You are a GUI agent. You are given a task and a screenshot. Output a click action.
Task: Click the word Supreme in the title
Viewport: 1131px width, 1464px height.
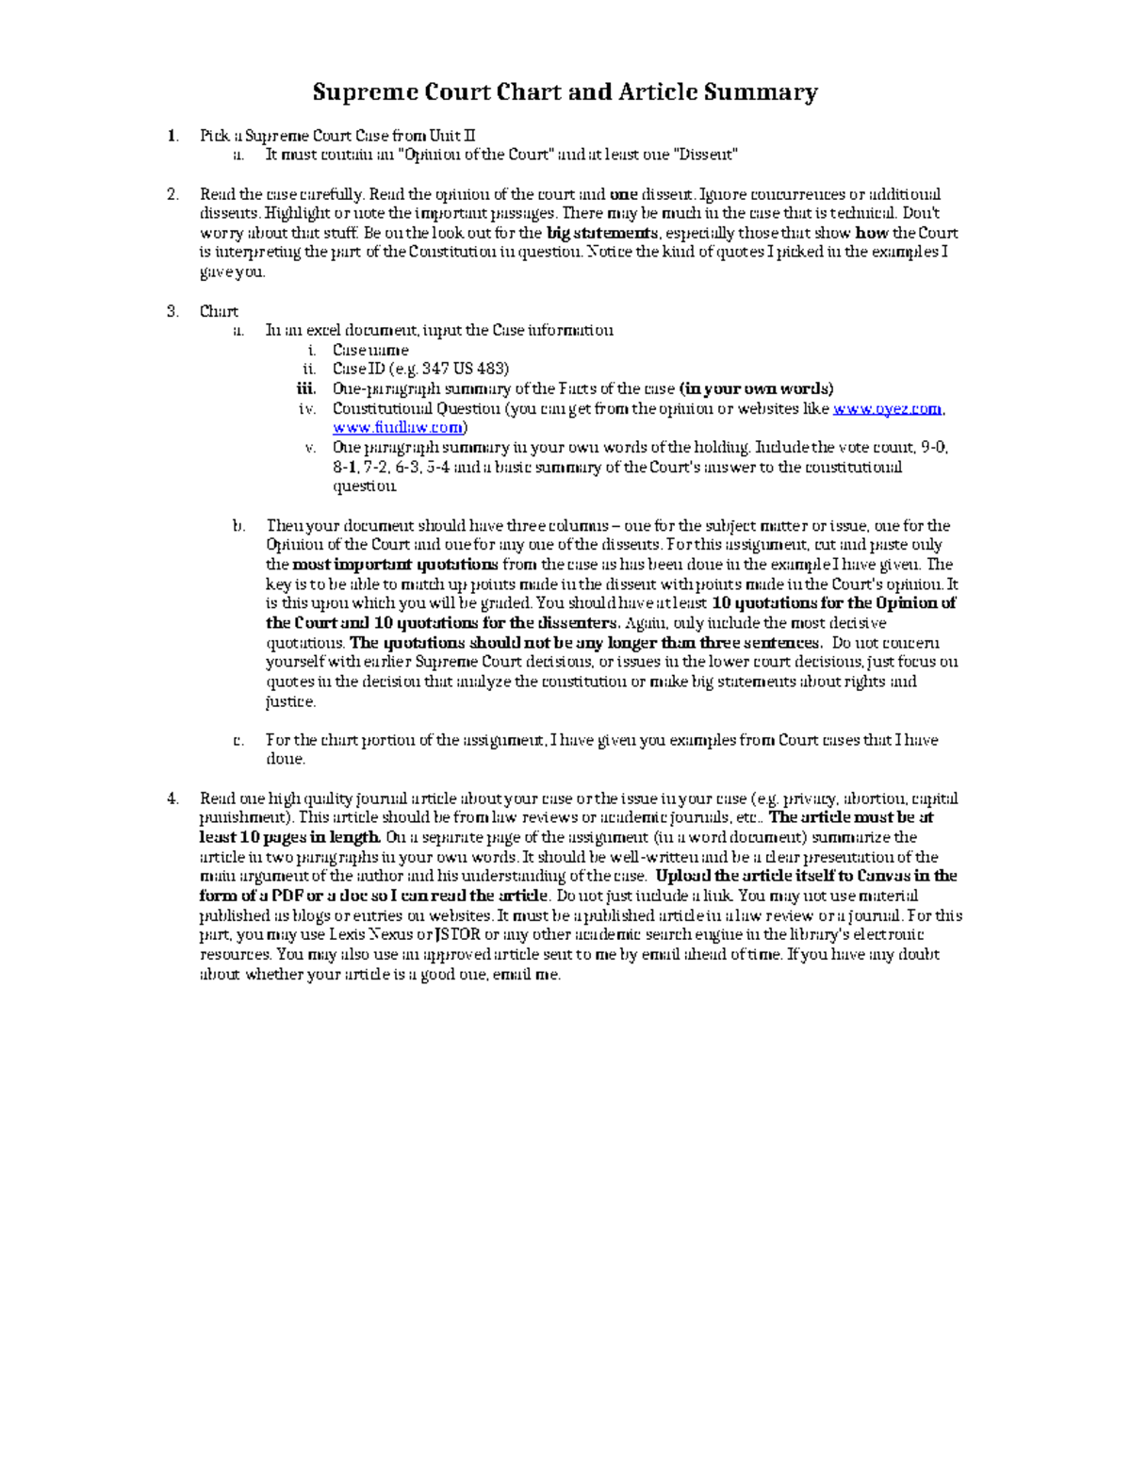pyautogui.click(x=353, y=92)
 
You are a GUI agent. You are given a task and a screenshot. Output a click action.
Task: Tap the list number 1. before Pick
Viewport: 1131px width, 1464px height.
pyautogui.click(x=172, y=135)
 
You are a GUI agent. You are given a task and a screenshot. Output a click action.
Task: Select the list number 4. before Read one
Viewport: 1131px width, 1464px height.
pyautogui.click(x=172, y=798)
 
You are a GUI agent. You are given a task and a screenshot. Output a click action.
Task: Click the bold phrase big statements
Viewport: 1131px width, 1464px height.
pyautogui.click(x=602, y=233)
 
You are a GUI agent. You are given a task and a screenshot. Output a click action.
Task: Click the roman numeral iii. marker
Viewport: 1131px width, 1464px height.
pyautogui.click(x=305, y=389)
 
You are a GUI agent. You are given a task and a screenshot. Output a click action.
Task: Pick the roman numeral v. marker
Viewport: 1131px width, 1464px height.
pyautogui.click(x=309, y=448)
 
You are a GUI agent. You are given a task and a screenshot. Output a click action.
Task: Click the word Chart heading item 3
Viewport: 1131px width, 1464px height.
pyautogui.click(x=219, y=311)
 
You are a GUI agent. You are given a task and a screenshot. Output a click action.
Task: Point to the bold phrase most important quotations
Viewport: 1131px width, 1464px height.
pyautogui.click(x=395, y=565)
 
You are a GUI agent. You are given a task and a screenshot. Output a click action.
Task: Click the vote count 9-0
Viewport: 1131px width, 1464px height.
pyautogui.click(x=933, y=448)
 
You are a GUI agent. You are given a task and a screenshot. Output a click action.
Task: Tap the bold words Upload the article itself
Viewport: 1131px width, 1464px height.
pyautogui.click(x=741, y=877)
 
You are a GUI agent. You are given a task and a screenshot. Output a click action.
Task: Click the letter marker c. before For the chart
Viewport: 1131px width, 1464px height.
pyautogui.click(x=238, y=740)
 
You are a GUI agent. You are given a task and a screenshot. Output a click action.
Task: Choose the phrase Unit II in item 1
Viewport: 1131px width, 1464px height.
pyautogui.click(x=452, y=135)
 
